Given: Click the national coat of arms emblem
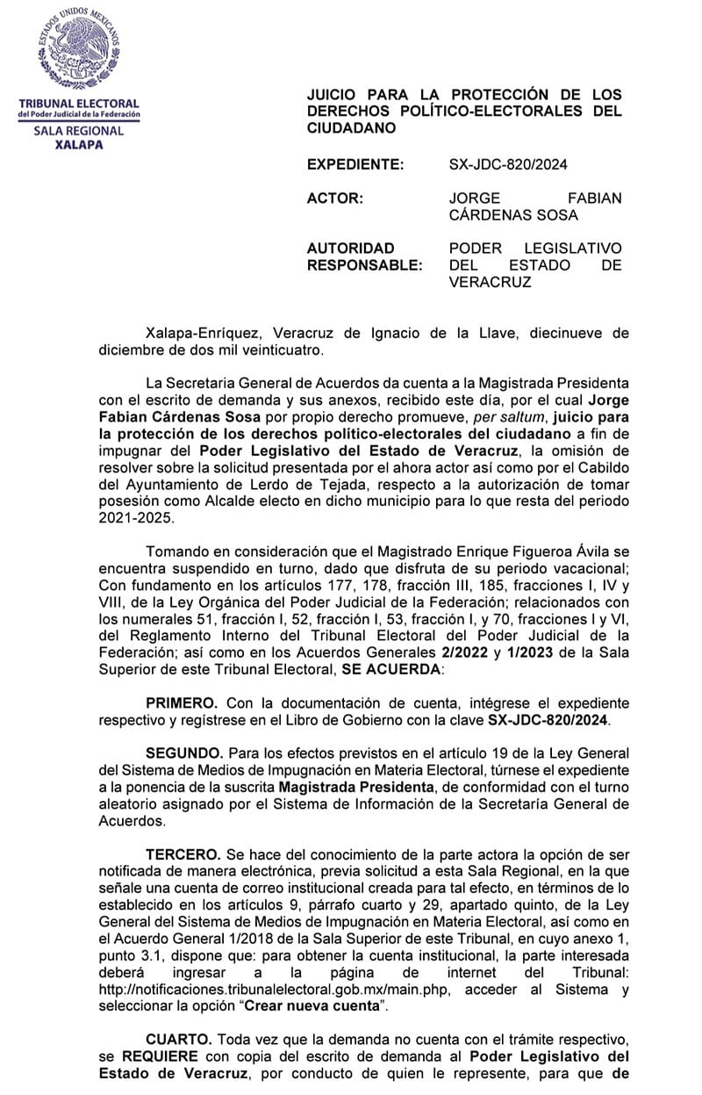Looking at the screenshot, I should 78,49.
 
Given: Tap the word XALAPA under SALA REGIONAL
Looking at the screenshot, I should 78,145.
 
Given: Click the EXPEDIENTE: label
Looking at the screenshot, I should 355,163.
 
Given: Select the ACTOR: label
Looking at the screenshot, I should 334,198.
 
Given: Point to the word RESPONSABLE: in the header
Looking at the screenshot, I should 364,265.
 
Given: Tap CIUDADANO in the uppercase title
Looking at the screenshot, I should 351,128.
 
